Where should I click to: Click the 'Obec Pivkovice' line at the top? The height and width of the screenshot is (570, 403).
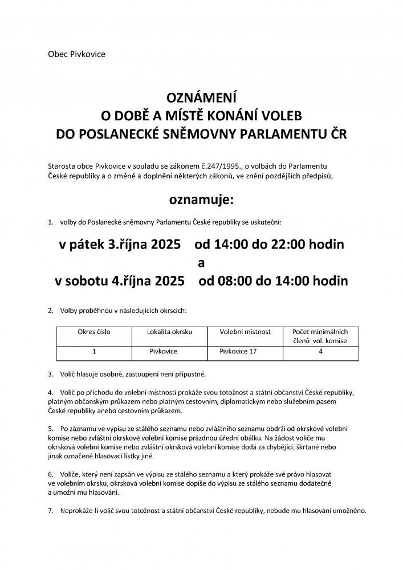click(x=77, y=54)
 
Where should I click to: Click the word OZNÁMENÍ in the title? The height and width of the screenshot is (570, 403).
click(x=201, y=97)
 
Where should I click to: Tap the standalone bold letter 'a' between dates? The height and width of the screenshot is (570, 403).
click(x=201, y=263)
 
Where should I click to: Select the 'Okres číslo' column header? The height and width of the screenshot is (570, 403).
click(x=93, y=332)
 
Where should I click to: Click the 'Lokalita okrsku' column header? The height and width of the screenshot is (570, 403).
click(x=169, y=332)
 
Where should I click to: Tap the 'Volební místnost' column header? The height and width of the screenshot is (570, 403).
click(x=245, y=332)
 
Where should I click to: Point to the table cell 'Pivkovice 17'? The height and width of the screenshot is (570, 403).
click(x=238, y=352)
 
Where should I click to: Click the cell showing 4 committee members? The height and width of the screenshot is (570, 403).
click(x=321, y=352)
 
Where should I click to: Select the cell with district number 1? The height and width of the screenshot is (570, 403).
click(x=93, y=352)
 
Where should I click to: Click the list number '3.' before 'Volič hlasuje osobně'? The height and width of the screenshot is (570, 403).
click(x=51, y=374)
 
